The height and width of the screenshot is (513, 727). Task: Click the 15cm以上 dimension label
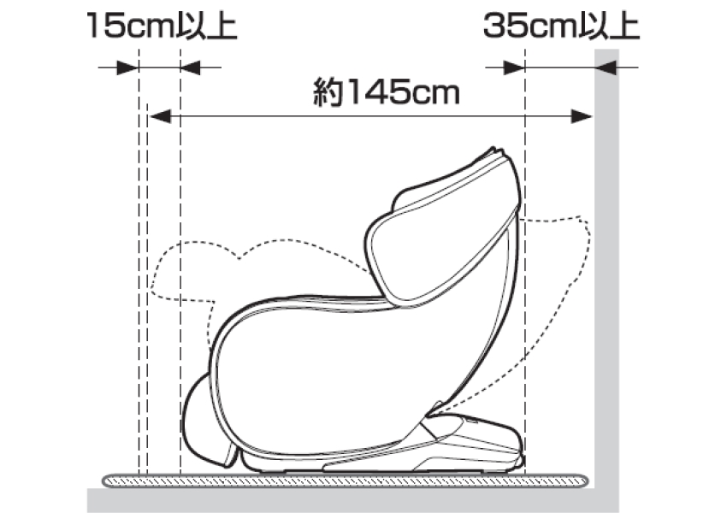pos(162,27)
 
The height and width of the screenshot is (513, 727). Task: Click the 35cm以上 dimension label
pos(561,26)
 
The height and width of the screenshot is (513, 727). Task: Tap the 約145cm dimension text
pos(387,91)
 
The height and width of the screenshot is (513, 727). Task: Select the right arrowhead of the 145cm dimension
pos(582,116)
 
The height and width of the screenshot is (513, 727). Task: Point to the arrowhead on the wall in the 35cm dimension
pos(606,68)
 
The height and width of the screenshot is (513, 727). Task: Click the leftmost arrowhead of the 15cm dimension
pos(127,68)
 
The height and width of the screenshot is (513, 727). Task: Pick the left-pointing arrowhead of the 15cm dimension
pos(190,68)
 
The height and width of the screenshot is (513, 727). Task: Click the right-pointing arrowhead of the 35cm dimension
pos(514,68)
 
